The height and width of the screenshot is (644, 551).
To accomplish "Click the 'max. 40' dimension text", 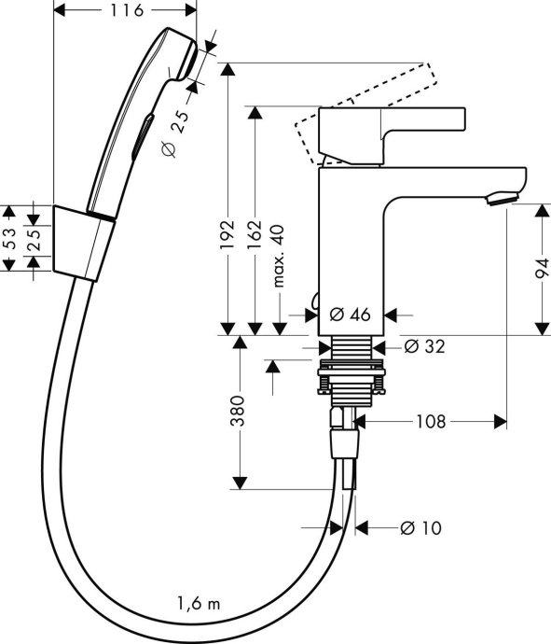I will (x=278, y=256).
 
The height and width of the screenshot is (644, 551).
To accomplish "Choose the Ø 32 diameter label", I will (x=424, y=346).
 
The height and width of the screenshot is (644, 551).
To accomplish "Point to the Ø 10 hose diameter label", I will (x=420, y=527).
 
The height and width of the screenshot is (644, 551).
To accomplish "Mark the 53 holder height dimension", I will (x=10, y=239).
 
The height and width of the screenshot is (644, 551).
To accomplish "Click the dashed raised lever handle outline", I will (x=373, y=103).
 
